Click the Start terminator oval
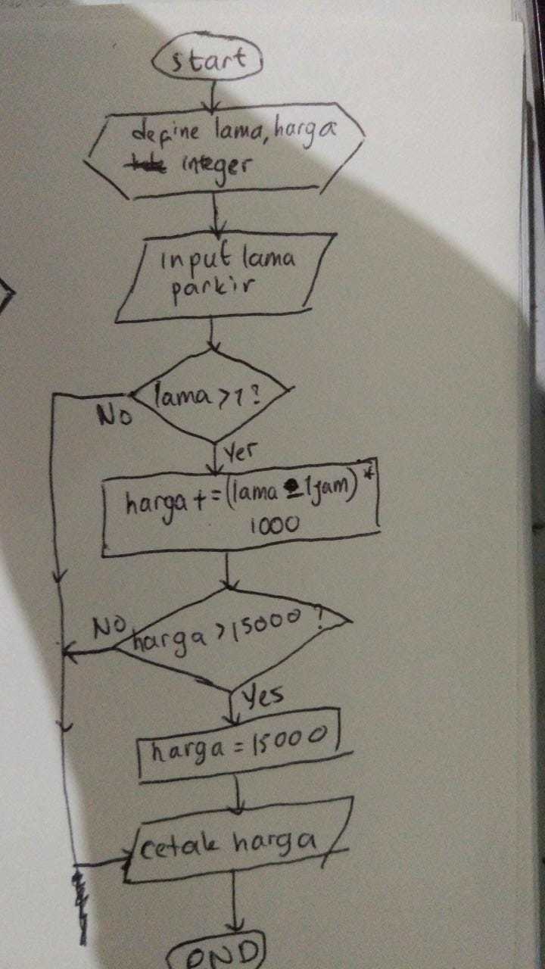207,60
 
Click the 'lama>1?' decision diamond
210,396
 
